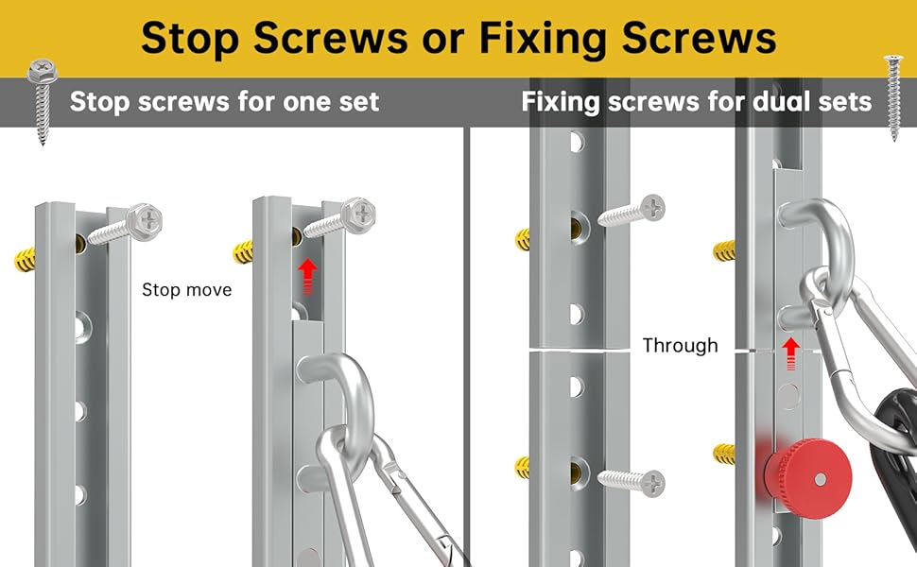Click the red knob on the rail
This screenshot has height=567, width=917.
pyautogui.click(x=807, y=472)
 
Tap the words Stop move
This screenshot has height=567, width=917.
pyautogui.click(x=186, y=290)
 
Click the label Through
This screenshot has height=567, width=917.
pyautogui.click(x=680, y=346)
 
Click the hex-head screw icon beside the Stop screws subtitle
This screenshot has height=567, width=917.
pyautogui.click(x=43, y=100)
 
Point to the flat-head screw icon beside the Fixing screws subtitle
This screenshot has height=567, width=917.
pyautogui.click(x=893, y=97)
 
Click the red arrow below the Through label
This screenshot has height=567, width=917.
pyautogui.click(x=790, y=353)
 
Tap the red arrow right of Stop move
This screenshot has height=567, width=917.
pyautogui.click(x=307, y=277)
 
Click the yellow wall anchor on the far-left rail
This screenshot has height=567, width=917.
pyautogui.click(x=26, y=260)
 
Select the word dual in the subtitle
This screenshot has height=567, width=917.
pyautogui.click(x=787, y=101)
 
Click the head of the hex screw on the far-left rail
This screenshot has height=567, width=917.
pyautogui.click(x=144, y=221)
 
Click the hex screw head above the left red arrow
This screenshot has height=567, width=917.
pyautogui.click(x=358, y=214)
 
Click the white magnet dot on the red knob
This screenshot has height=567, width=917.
pyautogui.click(x=822, y=479)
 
